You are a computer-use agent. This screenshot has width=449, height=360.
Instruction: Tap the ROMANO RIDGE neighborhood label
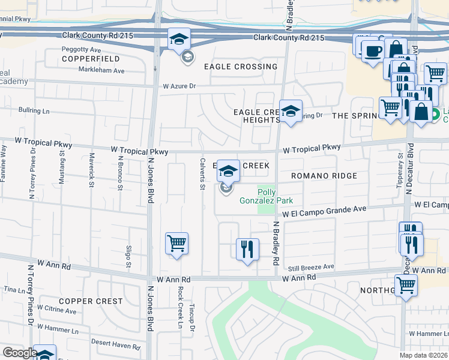click(x=324, y=176)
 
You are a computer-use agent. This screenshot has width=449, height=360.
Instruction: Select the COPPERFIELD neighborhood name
click(x=90, y=59)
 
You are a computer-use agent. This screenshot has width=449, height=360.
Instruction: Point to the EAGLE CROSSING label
click(x=241, y=67)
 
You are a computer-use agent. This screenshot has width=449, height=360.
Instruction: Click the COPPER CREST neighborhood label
click(x=90, y=301)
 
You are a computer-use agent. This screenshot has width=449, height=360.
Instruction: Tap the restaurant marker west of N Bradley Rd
click(x=247, y=250)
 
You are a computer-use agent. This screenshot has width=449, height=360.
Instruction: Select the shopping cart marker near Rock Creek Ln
click(x=176, y=244)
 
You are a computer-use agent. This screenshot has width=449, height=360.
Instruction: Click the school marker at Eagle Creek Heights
click(x=291, y=111)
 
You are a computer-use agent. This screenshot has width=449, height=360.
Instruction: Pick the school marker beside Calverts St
click(x=228, y=172)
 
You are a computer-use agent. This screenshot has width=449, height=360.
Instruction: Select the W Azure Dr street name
click(x=179, y=86)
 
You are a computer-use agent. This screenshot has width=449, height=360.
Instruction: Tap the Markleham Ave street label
click(x=102, y=70)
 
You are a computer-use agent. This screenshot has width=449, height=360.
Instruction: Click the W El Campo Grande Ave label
click(x=324, y=212)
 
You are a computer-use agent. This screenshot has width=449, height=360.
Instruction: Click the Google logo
click(x=20, y=353)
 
